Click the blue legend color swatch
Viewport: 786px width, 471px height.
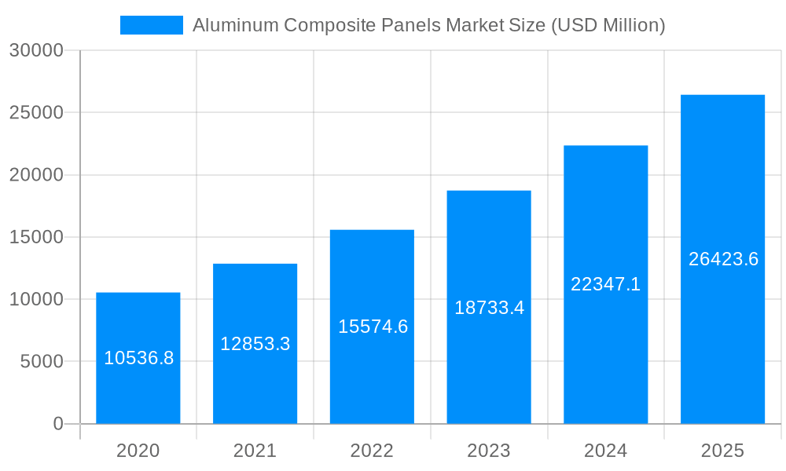151,25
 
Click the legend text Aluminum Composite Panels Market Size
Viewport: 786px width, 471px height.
428,25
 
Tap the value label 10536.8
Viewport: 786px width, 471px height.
138,358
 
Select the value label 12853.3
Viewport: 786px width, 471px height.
255,344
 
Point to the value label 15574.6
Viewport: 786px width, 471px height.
373,327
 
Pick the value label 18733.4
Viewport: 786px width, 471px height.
489,308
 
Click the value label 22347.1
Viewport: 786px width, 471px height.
605,284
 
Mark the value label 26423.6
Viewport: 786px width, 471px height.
723,259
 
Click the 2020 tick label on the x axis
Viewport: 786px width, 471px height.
138,451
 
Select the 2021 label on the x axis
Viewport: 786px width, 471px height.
255,451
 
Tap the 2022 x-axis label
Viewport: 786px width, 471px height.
372,451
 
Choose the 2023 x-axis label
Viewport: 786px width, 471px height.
489,451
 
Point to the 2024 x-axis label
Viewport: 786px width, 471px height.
605,451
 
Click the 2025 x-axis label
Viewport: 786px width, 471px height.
722,451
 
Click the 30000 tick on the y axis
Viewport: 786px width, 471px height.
35,50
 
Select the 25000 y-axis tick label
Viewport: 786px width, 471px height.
35,112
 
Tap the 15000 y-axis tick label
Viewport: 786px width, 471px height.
35,237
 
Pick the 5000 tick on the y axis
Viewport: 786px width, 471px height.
41,362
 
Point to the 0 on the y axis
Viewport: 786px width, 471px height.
57,424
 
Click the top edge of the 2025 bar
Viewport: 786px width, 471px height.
722,95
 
